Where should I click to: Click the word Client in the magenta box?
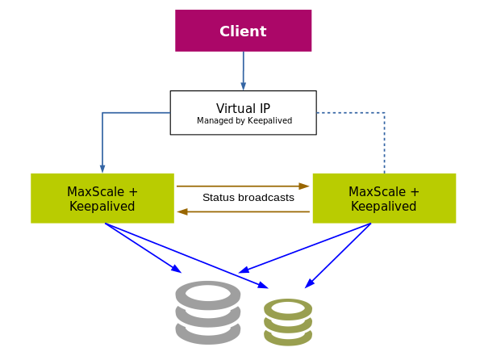(x=243, y=31)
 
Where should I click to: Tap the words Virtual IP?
(x=243, y=108)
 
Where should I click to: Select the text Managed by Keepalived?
(x=244, y=121)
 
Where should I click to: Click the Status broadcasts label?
(x=248, y=198)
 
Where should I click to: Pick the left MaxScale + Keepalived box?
(x=102, y=199)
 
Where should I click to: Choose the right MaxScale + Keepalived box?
(x=384, y=199)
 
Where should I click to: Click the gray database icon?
(x=208, y=312)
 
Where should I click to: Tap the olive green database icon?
(x=288, y=322)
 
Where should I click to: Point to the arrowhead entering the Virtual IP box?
(x=244, y=86)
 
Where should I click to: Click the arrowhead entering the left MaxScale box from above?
(x=102, y=169)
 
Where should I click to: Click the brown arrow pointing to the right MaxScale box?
(x=243, y=186)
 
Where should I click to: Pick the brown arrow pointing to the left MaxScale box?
(x=244, y=211)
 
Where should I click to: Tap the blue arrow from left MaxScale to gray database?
(x=143, y=248)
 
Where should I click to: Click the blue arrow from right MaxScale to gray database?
(x=305, y=248)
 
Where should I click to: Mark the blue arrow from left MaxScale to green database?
(x=186, y=256)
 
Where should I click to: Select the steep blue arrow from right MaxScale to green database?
(x=338, y=256)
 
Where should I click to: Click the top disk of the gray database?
(x=208, y=295)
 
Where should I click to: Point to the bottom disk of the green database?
(x=288, y=337)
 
